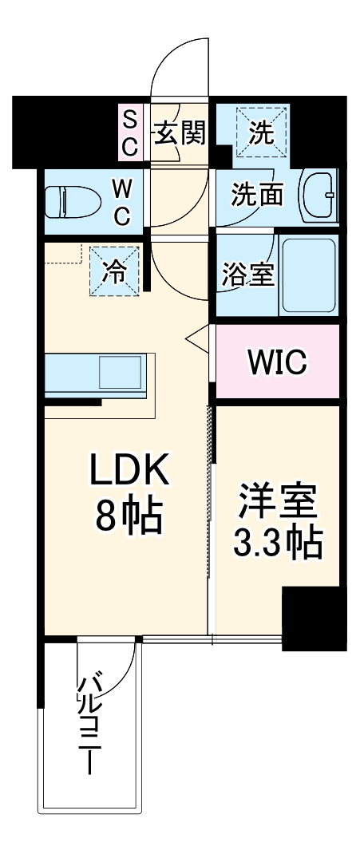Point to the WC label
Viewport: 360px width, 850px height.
pyautogui.click(x=122, y=202)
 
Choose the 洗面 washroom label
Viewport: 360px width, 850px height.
pyautogui.click(x=257, y=194)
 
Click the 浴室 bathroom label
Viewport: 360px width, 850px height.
pyautogui.click(x=247, y=274)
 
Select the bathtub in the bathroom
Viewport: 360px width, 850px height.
pyautogui.click(x=308, y=274)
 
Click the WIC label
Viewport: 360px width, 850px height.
pyautogui.click(x=276, y=362)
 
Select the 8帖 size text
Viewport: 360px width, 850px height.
pyautogui.click(x=129, y=519)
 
